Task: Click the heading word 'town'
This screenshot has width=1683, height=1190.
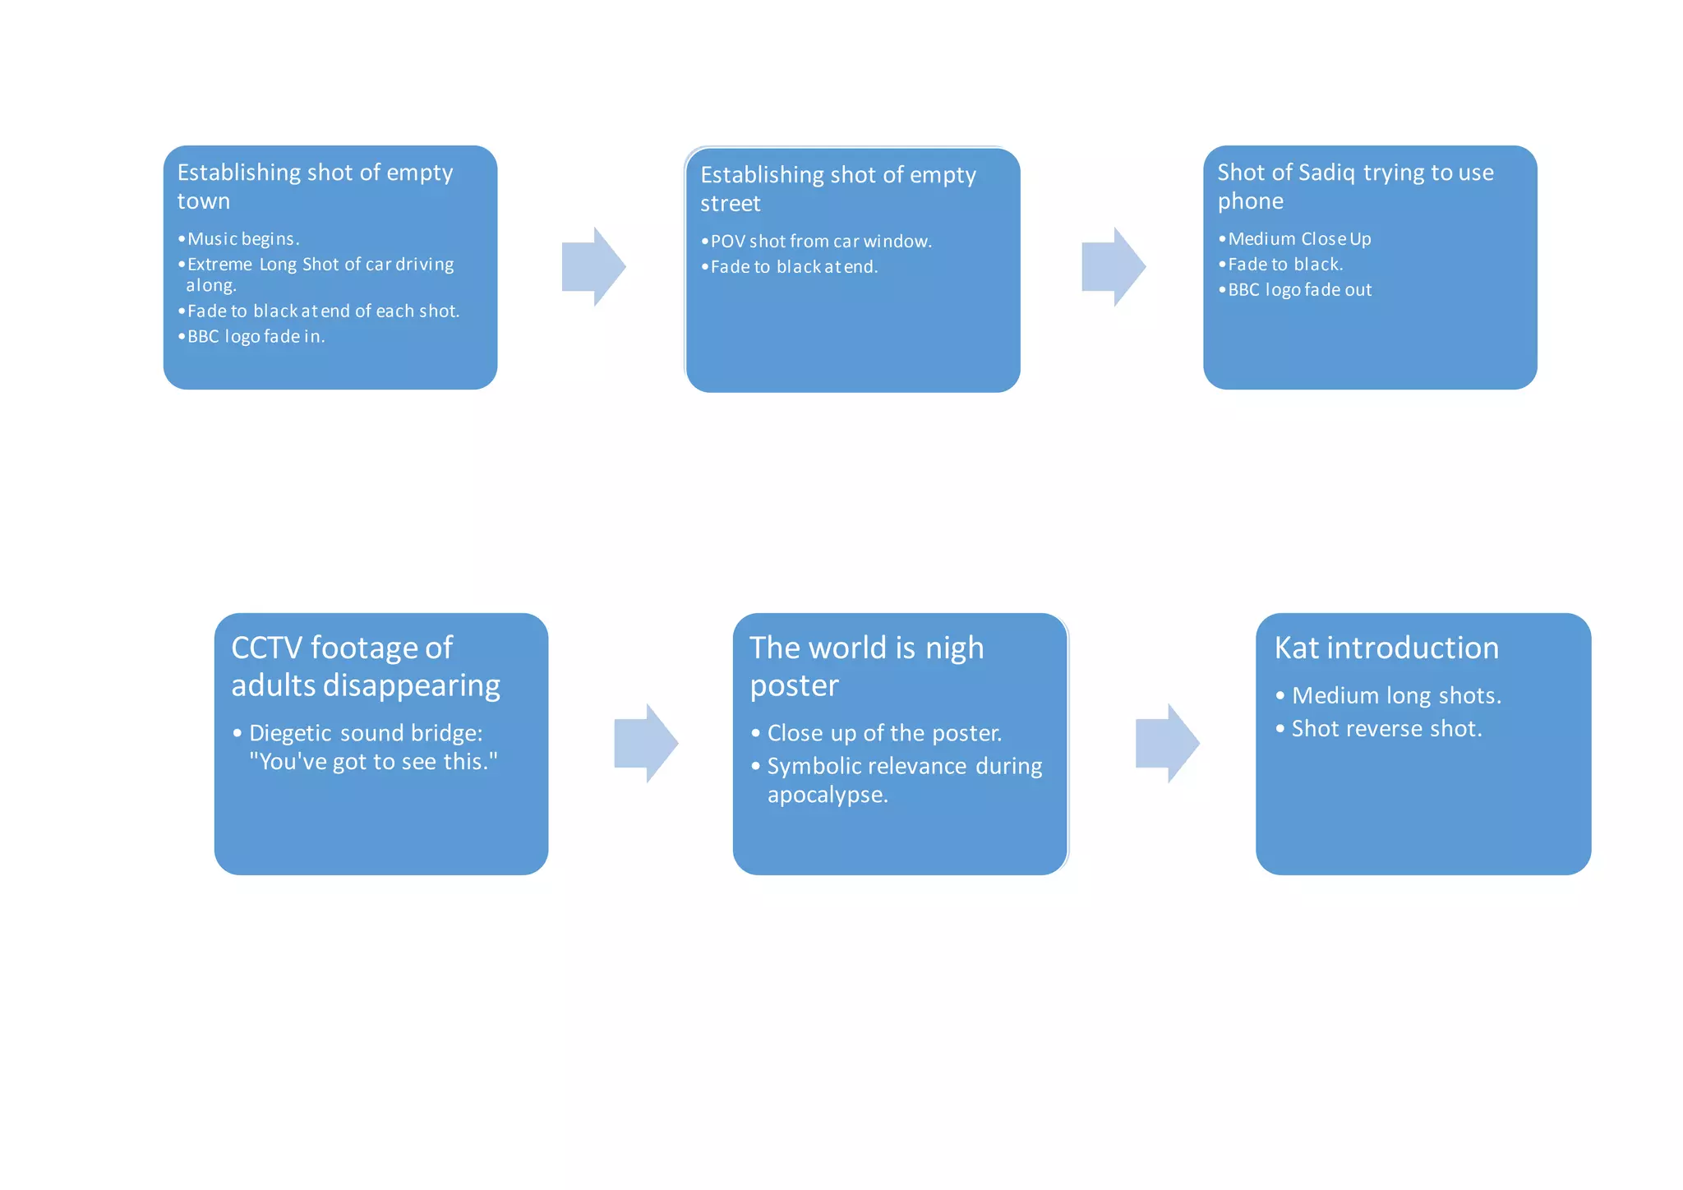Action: coord(204,201)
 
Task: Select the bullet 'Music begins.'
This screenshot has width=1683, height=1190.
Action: coord(243,239)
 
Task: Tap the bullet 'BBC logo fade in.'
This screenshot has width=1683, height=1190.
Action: coord(256,336)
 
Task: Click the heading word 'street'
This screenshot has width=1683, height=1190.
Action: coord(731,204)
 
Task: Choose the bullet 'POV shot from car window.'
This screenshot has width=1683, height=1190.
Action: coord(821,242)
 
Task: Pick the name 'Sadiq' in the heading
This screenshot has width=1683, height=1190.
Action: coord(1326,173)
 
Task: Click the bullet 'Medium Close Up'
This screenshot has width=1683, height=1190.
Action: coord(1299,239)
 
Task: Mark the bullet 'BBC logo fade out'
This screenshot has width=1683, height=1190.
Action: coord(1299,290)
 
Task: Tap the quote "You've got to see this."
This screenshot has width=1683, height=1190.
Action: coord(374,762)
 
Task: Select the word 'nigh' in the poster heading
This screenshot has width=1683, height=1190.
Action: coord(954,648)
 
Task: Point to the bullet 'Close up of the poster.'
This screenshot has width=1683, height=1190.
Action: coord(884,733)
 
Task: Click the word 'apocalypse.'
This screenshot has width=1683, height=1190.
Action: coord(828,795)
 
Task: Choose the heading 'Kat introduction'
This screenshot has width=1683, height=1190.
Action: coord(1386,648)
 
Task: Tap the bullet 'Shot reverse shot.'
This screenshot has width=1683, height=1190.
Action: coord(1386,729)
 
